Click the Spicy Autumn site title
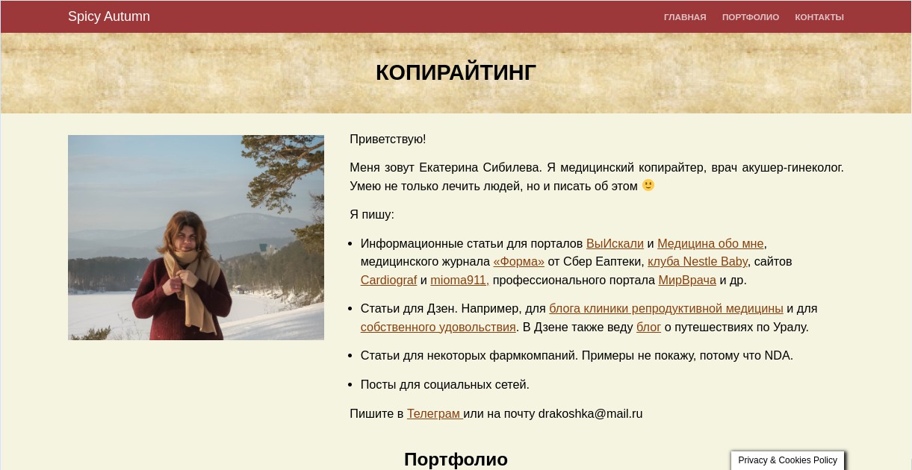coord(109,16)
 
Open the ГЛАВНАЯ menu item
coord(685,17)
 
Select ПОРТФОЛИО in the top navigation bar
coord(751,17)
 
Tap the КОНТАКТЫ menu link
coord(819,17)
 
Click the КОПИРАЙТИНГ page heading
coord(456,73)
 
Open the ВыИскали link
coord(615,243)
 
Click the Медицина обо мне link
coord(710,243)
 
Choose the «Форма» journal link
coord(518,261)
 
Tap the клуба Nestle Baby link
coord(698,261)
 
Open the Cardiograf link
coord(389,280)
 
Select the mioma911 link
coord(459,280)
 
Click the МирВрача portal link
coord(687,280)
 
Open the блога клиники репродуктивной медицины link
coord(666,309)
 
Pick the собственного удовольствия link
coord(438,328)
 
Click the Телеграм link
coord(434,413)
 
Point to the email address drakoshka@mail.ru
coord(590,413)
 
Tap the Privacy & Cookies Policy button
coord(787,460)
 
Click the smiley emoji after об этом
coord(648,186)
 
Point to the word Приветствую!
coord(388,139)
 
